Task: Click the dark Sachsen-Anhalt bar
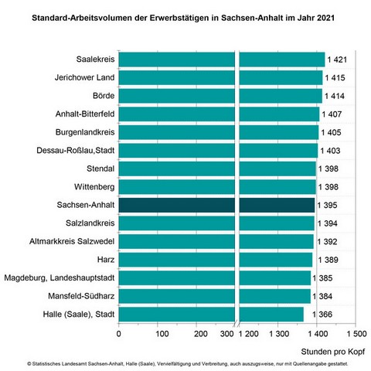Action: pyautogui.click(x=216, y=205)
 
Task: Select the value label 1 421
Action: pyautogui.click(x=337, y=60)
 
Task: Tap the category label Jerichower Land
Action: pyautogui.click(x=84, y=77)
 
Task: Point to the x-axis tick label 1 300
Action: pyautogui.click(x=279, y=334)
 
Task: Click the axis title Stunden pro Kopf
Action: pyautogui.click(x=333, y=352)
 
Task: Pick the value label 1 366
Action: pyautogui.click(x=322, y=315)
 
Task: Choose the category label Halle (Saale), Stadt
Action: pyautogui.click(x=79, y=315)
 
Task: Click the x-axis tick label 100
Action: pyautogui.click(x=162, y=334)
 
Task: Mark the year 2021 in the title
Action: pyautogui.click(x=325, y=18)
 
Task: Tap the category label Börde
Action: pyautogui.click(x=104, y=96)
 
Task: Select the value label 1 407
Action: pyautogui.click(x=332, y=114)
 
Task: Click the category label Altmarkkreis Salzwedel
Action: pyautogui.click(x=72, y=241)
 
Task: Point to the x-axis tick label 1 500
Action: pyautogui.click(x=356, y=334)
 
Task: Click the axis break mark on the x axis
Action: pyautogui.click(x=237, y=323)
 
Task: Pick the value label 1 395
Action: pyautogui.click(x=327, y=205)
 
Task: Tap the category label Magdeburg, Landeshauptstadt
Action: pyautogui.click(x=60, y=277)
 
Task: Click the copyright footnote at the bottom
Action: pyautogui.click(x=188, y=364)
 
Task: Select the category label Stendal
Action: pyautogui.click(x=100, y=168)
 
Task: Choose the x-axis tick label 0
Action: pyautogui.click(x=118, y=334)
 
